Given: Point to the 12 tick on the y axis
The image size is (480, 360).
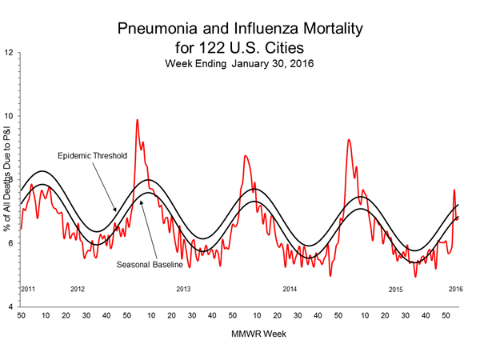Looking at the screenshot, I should click(x=8, y=53).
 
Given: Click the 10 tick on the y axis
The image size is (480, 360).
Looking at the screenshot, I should click(x=8, y=116).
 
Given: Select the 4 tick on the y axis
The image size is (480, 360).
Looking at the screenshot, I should click(x=9, y=307).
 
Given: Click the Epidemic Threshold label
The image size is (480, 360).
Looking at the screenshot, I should click(x=92, y=155).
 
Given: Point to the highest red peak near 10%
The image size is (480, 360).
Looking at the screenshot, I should click(x=137, y=120).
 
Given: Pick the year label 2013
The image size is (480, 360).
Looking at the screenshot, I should click(x=184, y=288).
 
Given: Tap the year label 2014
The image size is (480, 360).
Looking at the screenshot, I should click(x=290, y=288).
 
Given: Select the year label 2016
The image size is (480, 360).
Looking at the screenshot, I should click(x=456, y=288).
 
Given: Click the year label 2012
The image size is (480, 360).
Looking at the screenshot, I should click(x=78, y=288).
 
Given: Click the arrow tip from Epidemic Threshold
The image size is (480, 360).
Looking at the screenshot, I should click(x=116, y=212).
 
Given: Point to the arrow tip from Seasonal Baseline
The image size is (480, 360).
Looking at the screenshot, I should click(x=141, y=200).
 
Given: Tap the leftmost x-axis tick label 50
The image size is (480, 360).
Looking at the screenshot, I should click(x=21, y=316).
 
